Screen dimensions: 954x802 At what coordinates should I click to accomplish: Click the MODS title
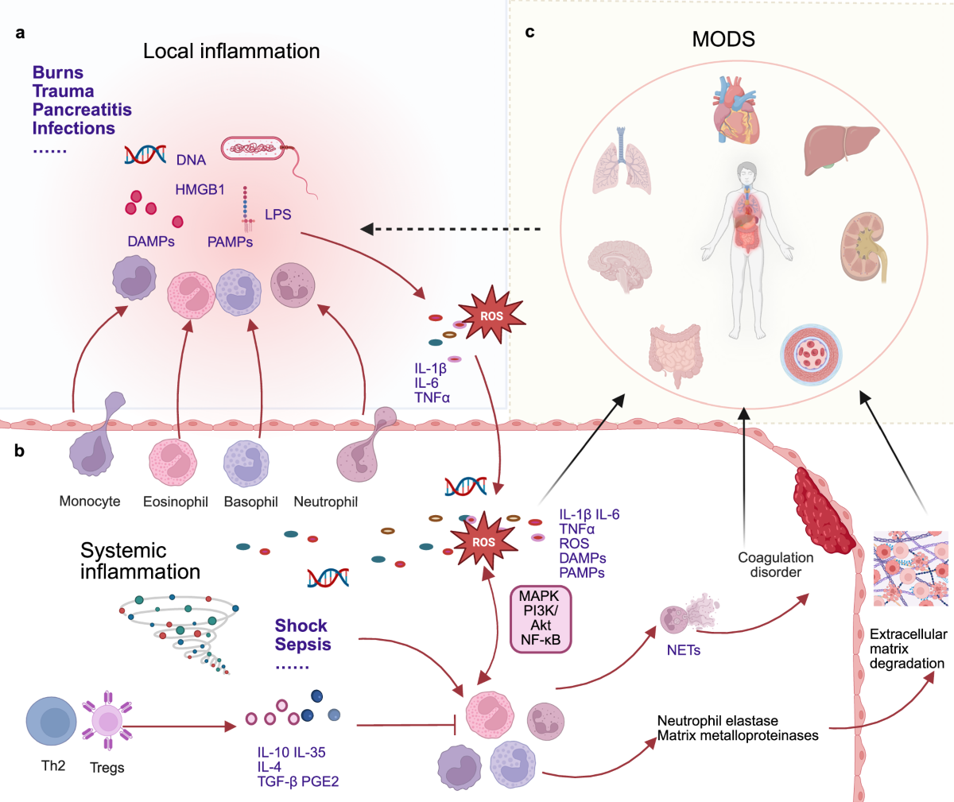coord(723,39)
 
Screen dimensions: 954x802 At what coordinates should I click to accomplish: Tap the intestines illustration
coord(675,355)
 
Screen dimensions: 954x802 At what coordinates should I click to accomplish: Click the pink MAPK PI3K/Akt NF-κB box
coord(541,619)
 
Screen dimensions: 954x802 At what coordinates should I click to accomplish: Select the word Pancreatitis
coord(82,110)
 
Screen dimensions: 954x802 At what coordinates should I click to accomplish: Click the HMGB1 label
coord(200,189)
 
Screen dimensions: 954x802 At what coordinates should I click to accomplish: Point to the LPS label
coord(277,214)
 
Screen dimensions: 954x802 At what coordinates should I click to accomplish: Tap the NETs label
coord(683,650)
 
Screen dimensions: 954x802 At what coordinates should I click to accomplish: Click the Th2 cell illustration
coord(51,722)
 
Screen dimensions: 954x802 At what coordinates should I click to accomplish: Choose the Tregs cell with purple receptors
coord(107,721)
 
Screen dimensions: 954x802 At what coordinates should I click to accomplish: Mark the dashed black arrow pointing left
coord(451,229)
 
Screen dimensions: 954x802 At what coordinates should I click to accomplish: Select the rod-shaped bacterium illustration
coord(270,167)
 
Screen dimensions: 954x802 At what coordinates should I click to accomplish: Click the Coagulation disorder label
coord(776,564)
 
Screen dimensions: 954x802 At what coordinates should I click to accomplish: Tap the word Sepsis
coord(302,644)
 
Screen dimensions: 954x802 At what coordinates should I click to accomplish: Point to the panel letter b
coord(19,451)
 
